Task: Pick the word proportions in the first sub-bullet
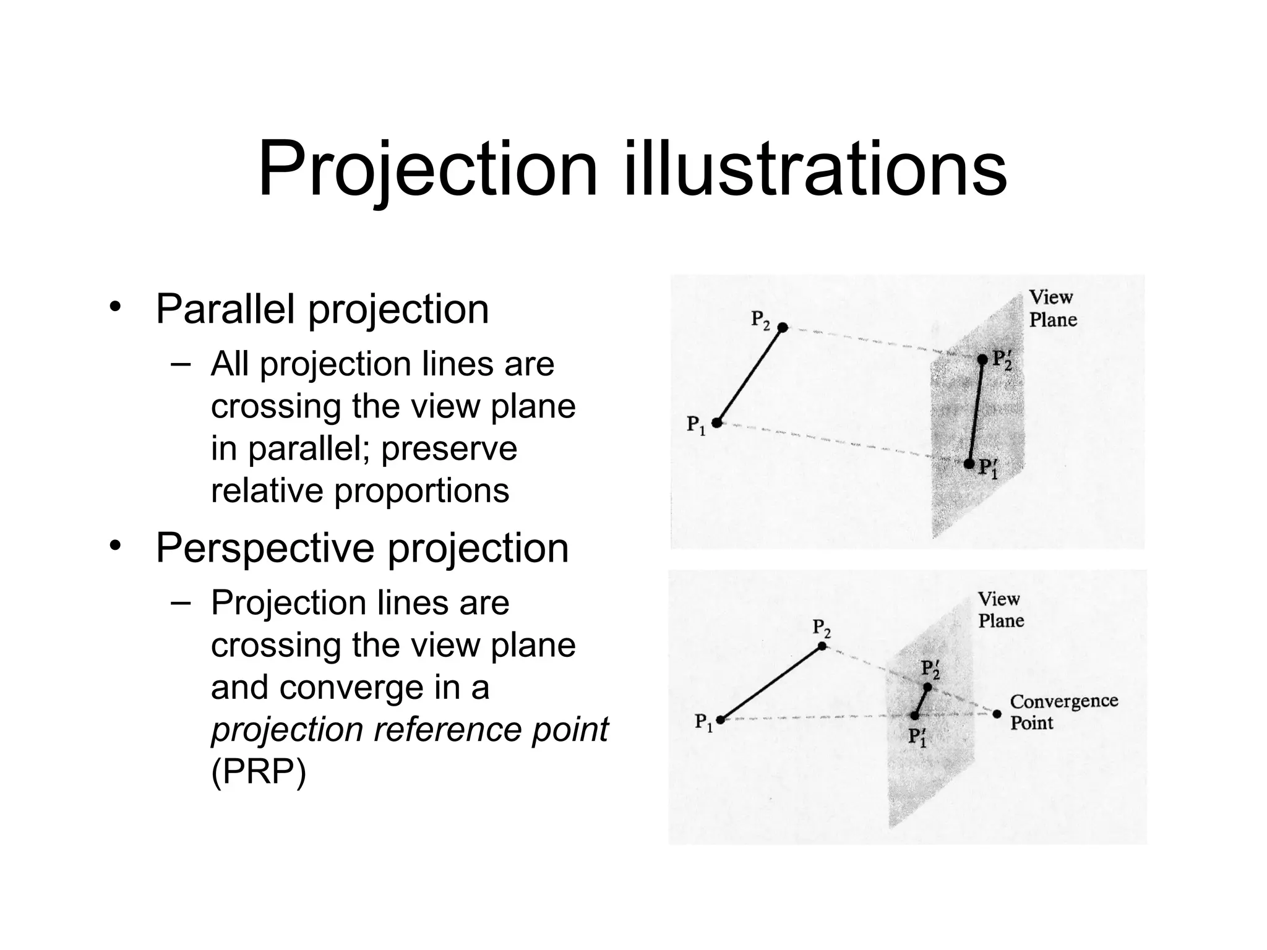(421, 490)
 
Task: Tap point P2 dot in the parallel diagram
(783, 327)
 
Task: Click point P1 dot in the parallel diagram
(716, 423)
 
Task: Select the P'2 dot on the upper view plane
(982, 359)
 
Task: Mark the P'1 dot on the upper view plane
(969, 464)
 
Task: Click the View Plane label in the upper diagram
(1052, 309)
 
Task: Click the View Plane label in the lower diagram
(1000, 610)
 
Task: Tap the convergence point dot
(997, 714)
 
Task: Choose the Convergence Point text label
(1063, 711)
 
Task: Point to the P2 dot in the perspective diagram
(822, 646)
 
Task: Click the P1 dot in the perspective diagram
(720, 719)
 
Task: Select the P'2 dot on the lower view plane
(927, 687)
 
